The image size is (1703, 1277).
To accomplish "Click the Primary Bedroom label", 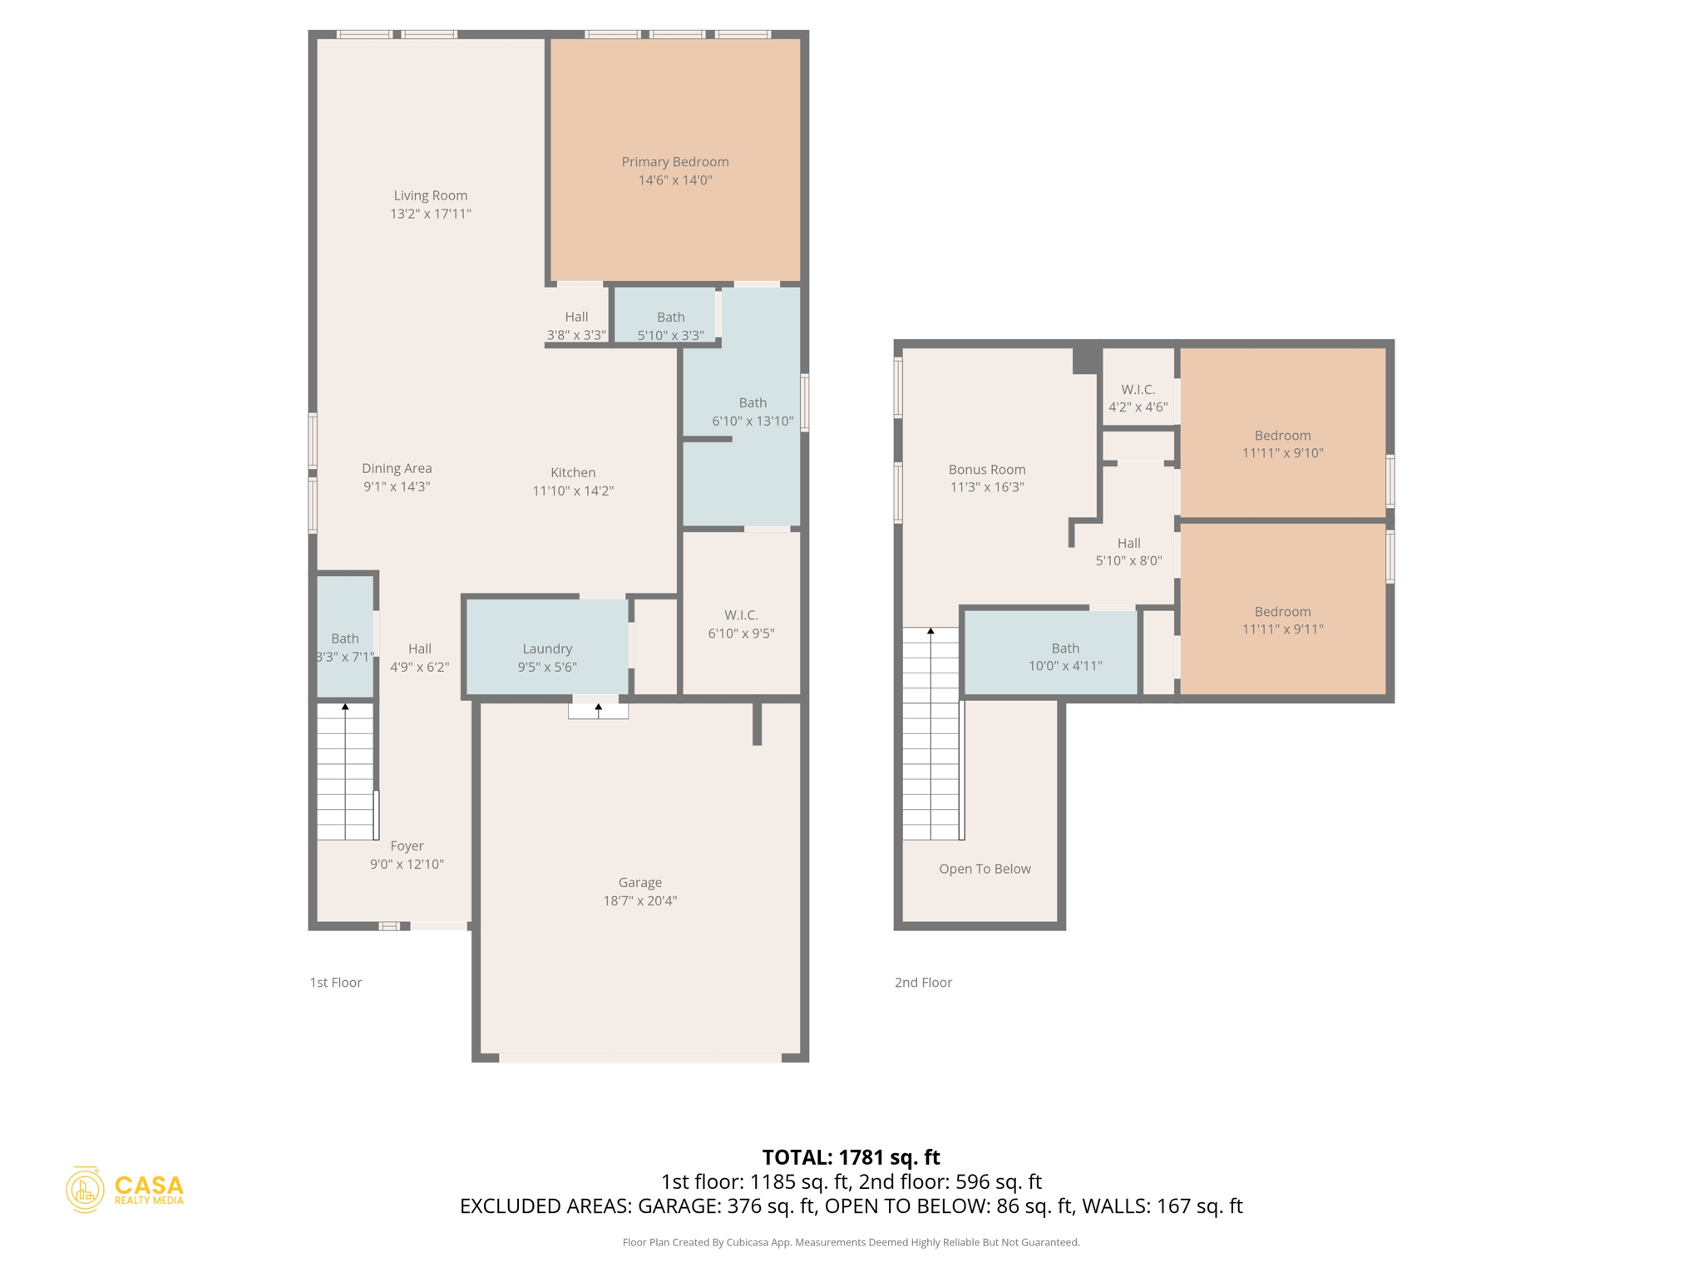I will (x=674, y=162).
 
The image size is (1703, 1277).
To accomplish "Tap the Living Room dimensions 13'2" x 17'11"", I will (x=430, y=214).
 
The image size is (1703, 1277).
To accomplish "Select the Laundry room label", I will (x=546, y=648).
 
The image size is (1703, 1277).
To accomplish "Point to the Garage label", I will (x=639, y=882).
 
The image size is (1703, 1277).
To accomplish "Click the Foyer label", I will (x=407, y=846).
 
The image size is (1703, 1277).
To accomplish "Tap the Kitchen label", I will (x=572, y=472).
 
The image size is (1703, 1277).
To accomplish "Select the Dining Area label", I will (x=396, y=468).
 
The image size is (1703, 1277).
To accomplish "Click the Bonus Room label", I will (x=986, y=469).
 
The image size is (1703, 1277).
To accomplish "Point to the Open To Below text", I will (x=985, y=869).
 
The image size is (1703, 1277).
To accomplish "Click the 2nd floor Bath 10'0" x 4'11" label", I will (x=1064, y=656).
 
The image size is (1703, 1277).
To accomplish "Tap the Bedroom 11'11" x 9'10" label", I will (x=1282, y=444).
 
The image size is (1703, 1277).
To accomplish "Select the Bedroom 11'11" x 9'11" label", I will (x=1282, y=620).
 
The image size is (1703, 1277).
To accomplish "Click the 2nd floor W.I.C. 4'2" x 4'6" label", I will (x=1138, y=397).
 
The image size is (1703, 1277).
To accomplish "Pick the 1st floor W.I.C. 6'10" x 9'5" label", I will (x=740, y=624).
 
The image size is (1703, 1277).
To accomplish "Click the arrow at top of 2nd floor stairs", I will (x=930, y=632).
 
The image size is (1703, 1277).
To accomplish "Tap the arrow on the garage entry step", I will (x=598, y=708).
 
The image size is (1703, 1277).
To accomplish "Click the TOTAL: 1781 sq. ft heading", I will (x=851, y=1156).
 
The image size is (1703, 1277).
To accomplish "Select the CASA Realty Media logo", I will (x=125, y=1190).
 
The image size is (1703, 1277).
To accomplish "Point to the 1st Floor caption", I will (x=335, y=982).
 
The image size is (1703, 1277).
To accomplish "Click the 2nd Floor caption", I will (x=923, y=982).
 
